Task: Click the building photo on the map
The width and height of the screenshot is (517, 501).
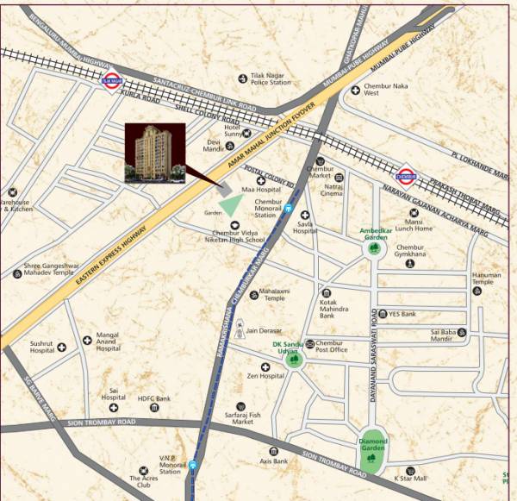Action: tap(155, 153)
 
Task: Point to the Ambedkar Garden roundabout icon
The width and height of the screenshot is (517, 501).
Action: tap(373, 249)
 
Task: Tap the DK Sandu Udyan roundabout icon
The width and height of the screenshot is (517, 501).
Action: tap(295, 360)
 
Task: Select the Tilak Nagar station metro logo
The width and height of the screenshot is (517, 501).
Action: tap(110, 83)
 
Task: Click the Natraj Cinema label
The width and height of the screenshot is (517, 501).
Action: tap(333, 190)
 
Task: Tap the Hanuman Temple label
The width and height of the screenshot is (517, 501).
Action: tap(483, 278)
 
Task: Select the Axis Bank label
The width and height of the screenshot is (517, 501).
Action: tap(274, 461)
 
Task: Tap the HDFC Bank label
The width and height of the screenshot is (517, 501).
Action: tap(154, 398)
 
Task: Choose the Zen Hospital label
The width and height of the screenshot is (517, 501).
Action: tap(265, 376)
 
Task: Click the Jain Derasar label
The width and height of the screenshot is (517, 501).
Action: tap(265, 329)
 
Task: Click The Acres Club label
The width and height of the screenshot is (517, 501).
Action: tap(145, 483)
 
